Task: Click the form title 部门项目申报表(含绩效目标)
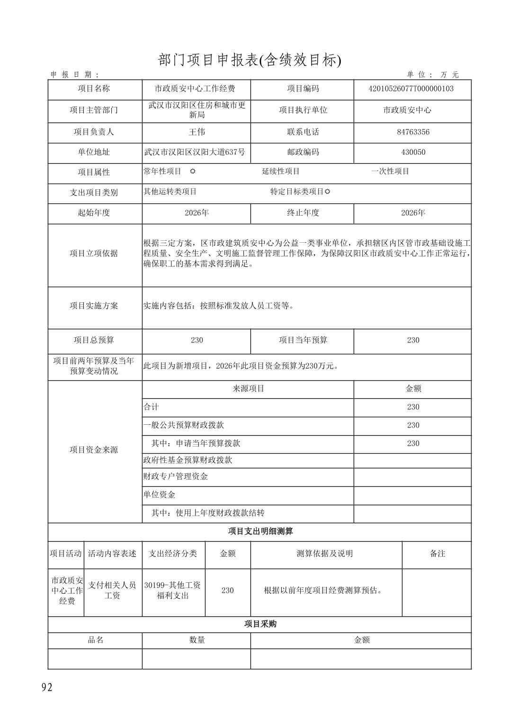249,60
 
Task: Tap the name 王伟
196,132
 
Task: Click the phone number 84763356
413,132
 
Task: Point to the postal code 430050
413,152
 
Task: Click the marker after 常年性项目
193,171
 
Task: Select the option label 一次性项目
390,171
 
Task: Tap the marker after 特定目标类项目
328,192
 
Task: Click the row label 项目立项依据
94,254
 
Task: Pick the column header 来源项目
248,389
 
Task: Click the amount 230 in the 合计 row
413,407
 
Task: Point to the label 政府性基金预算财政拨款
188,460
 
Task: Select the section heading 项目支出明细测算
260,532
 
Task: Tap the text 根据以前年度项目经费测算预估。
323,590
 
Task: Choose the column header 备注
437,553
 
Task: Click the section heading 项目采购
260,624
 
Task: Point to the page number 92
47,688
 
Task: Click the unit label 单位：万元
433,75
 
